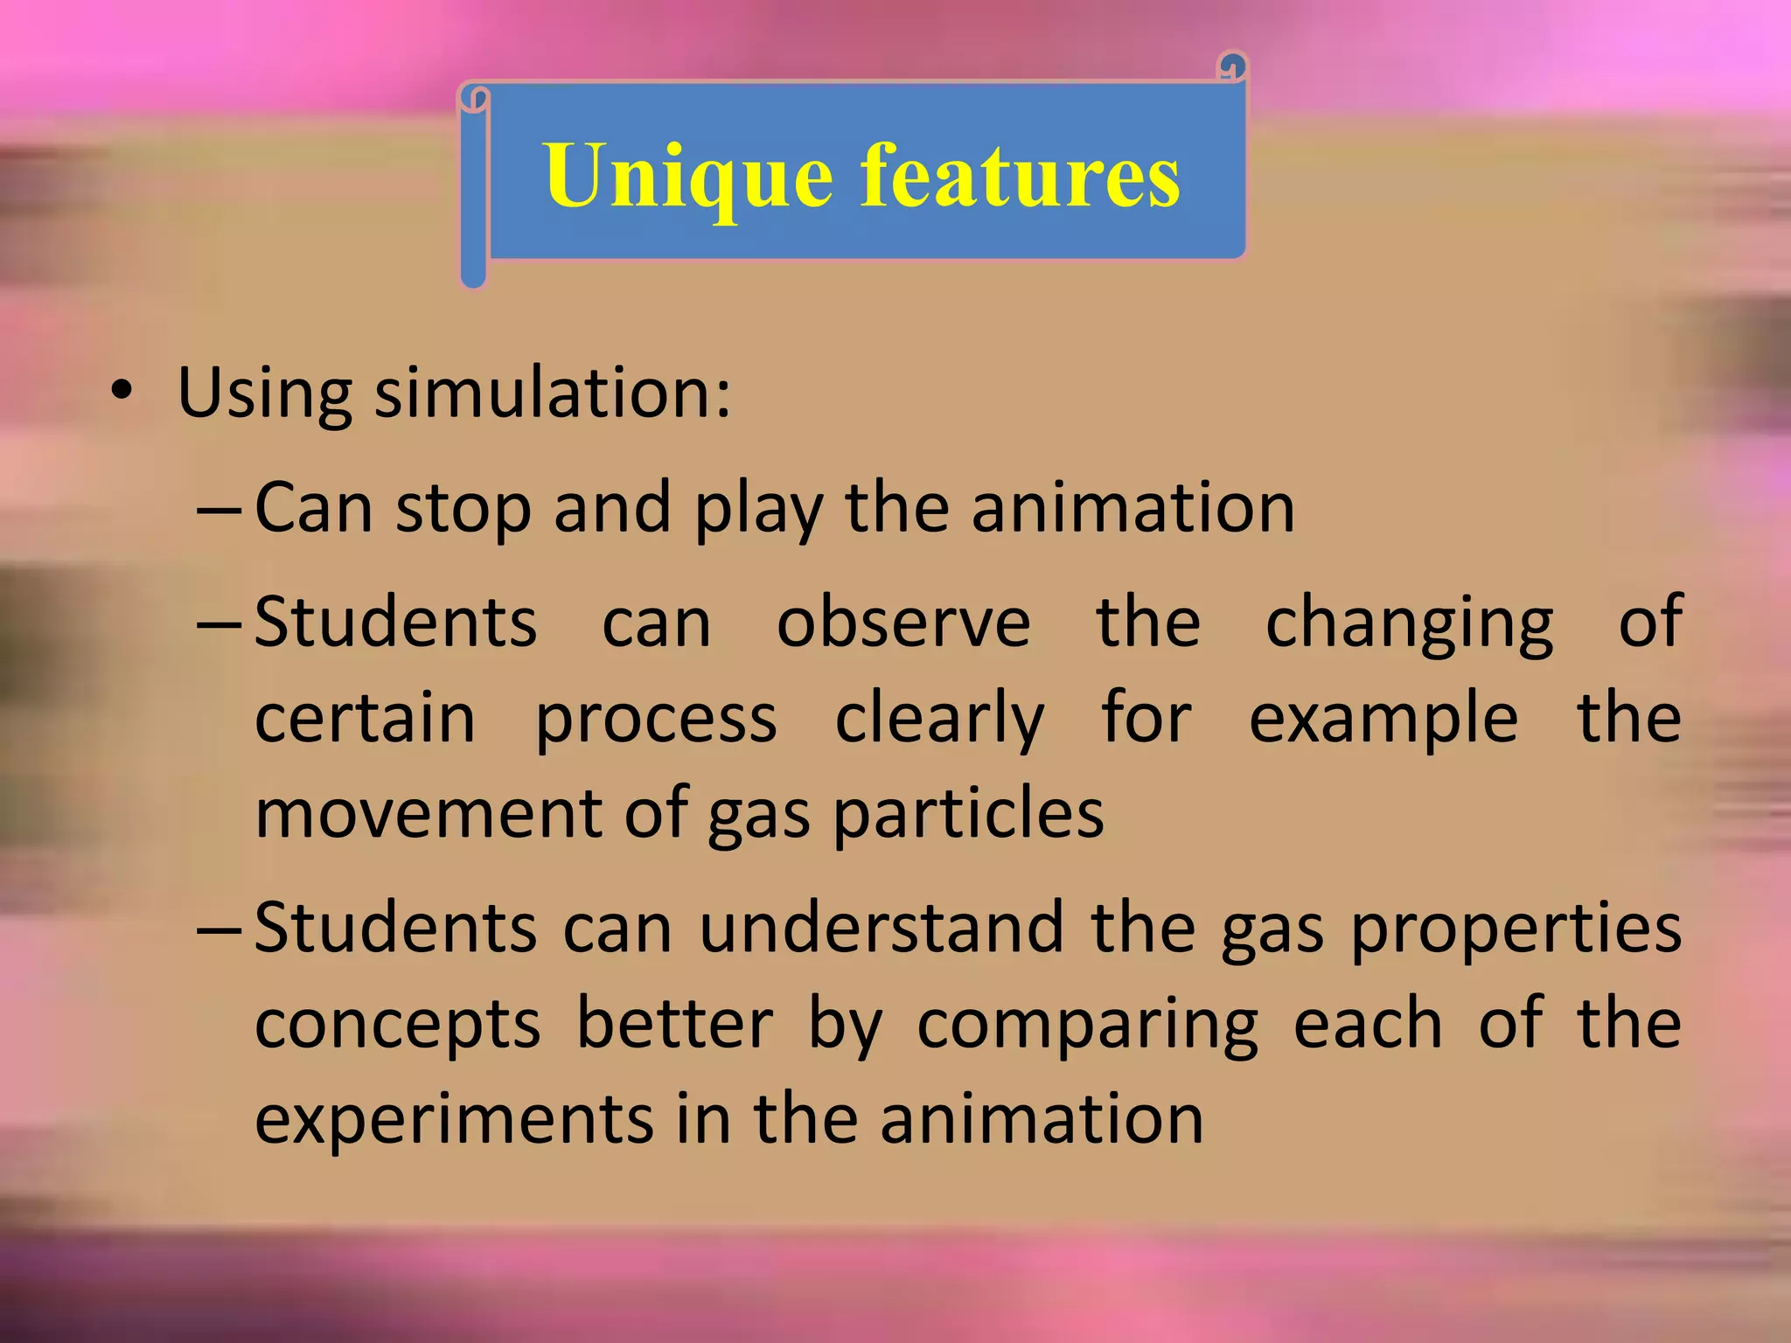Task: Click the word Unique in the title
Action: pos(687,177)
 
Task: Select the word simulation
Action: pos(553,393)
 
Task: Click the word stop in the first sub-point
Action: pos(463,508)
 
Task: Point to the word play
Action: pos(757,510)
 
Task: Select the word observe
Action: pos(903,622)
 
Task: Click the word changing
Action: pos(1409,623)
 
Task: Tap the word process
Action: pos(655,720)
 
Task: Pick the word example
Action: pos(1383,720)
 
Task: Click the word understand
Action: pos(881,928)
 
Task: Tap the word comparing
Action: pos(1087,1026)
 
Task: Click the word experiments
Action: pos(453,1120)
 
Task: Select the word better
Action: pos(674,1024)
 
